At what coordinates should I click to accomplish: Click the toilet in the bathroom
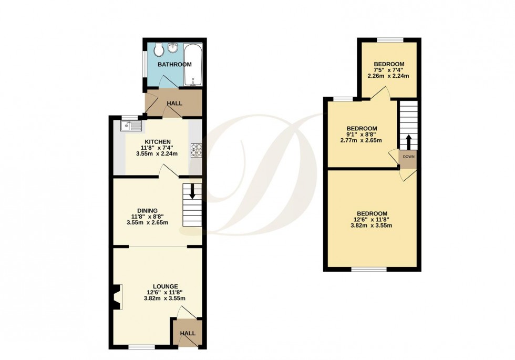pos(159,51)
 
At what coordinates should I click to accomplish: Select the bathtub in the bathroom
pos(192,66)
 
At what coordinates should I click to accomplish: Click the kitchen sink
pos(130,126)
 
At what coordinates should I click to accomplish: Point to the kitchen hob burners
pos(195,150)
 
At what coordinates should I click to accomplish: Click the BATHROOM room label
pos(175,65)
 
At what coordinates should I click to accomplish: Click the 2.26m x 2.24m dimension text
pos(388,76)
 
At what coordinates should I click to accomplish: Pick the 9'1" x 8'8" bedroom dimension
pos(361,135)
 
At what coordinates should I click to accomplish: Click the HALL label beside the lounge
pos(188,333)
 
